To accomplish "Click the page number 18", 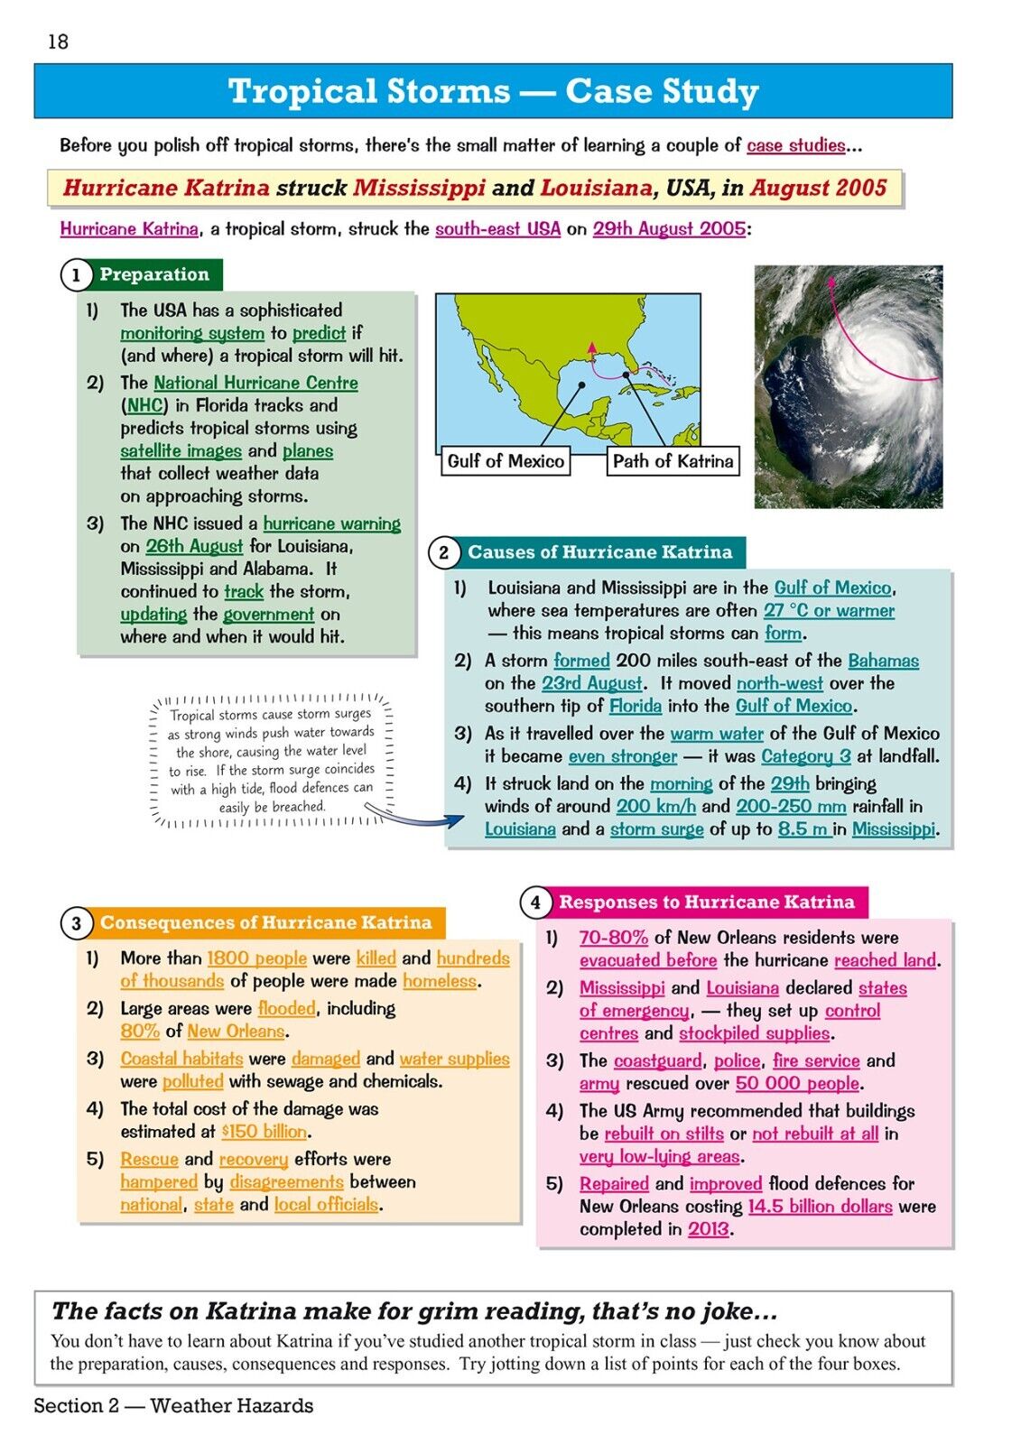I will [58, 42].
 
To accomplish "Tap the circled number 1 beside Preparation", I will [76, 275].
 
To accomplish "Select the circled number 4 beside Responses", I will [535, 902].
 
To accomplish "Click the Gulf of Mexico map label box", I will [506, 461].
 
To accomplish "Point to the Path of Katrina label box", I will [673, 461].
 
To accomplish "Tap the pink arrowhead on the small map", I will [591, 346].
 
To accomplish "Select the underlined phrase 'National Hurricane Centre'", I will [255, 383].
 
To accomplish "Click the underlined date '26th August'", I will [194, 546].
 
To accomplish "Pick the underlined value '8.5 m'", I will [804, 828].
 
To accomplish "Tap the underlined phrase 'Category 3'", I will [805, 756].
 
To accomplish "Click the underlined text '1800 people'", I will [256, 958].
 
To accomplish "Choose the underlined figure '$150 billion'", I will [265, 1132].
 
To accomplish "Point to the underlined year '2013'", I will [708, 1229].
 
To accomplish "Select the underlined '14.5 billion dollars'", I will [820, 1207].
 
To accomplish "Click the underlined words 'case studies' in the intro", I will [795, 145].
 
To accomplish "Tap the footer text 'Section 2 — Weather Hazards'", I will [173, 1405].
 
